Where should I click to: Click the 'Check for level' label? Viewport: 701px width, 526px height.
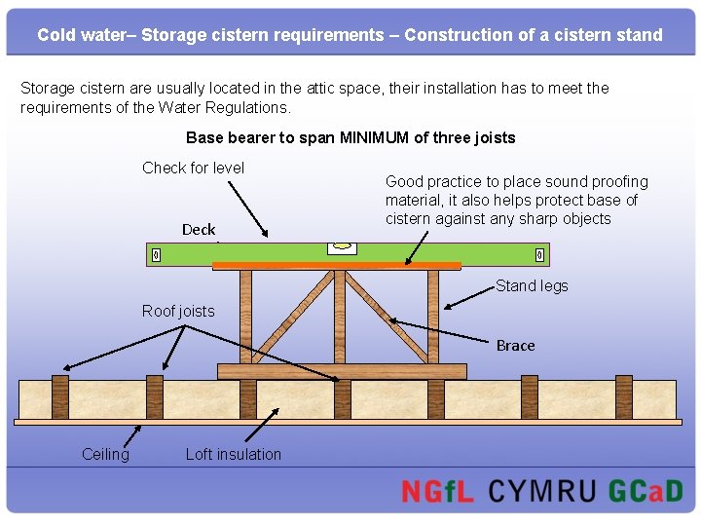tap(193, 168)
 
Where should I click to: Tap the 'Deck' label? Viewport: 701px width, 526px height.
tap(199, 230)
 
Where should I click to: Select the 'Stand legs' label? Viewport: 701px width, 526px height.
tap(532, 285)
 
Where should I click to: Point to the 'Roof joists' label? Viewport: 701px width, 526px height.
tap(178, 311)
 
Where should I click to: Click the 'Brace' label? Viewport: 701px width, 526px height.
tap(515, 346)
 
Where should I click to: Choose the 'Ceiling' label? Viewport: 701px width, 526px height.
tap(105, 454)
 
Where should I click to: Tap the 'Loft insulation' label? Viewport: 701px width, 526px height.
tap(233, 454)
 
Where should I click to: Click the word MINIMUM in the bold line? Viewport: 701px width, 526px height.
tap(375, 137)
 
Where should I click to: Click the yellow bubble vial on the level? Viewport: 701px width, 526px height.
tap(342, 247)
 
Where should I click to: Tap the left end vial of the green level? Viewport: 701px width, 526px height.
tap(156, 255)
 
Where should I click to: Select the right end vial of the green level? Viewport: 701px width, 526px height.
tap(540, 255)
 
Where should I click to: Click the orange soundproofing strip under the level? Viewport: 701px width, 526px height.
tap(336, 265)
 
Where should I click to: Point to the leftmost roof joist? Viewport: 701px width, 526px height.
tap(60, 396)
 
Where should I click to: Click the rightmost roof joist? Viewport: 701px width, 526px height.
tap(623, 396)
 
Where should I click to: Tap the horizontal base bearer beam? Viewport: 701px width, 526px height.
tap(342, 371)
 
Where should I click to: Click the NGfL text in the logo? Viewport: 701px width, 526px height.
tap(437, 490)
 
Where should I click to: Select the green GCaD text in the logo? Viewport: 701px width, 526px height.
tap(646, 490)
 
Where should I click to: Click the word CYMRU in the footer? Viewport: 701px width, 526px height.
tap(541, 490)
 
